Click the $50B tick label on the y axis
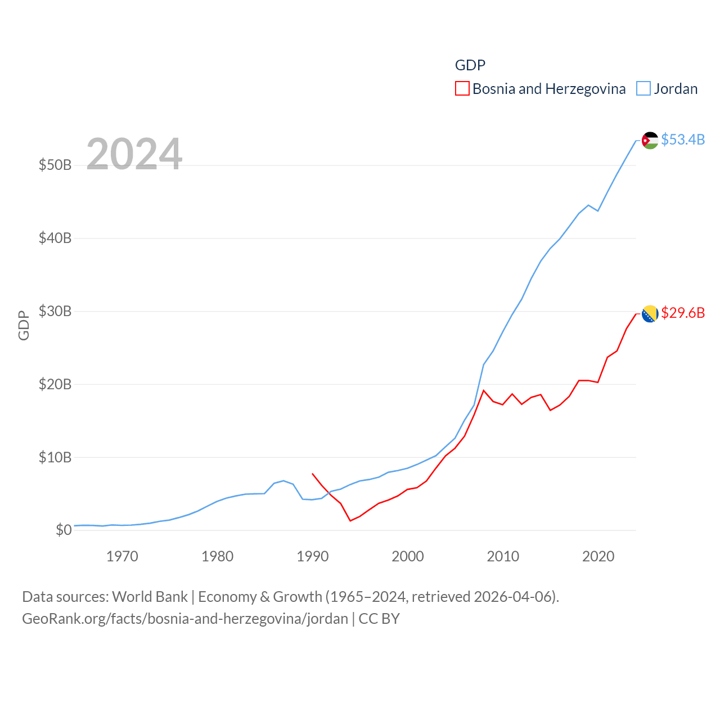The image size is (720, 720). point(55,165)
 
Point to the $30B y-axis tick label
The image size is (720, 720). point(55,311)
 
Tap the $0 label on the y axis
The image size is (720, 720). point(64,530)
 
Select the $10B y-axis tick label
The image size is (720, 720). point(55,457)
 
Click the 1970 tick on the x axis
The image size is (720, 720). point(122,556)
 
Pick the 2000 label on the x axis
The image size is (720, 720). point(408,556)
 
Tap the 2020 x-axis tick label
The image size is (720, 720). point(598,556)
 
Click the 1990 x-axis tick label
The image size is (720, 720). point(313,556)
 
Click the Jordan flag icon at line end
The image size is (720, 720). point(650,140)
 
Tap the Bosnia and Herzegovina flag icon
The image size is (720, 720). point(650,314)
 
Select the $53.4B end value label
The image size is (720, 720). point(683,139)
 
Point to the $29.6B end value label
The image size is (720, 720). point(683,313)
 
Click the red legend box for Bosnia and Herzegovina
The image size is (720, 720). point(462,89)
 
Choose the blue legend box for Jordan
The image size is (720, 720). point(643,89)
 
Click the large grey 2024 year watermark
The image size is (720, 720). point(134,154)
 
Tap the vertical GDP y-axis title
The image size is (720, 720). point(24,325)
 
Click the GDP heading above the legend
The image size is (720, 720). point(470,65)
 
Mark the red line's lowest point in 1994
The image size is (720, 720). point(350,521)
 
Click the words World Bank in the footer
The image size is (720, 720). point(150,596)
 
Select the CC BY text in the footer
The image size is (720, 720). point(379,619)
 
